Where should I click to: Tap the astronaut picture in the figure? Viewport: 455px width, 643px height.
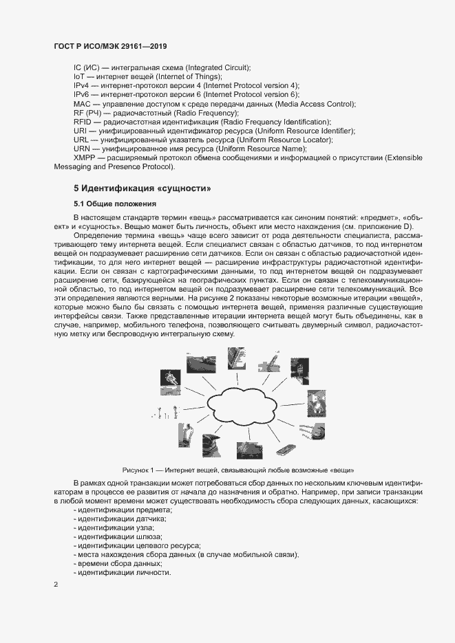[170, 378]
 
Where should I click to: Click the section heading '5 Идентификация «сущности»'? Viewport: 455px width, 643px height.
[142, 188]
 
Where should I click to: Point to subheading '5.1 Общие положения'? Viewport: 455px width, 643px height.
[115, 204]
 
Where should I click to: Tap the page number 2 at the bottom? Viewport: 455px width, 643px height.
[56, 584]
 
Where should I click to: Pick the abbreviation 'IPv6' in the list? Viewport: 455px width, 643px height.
[81, 94]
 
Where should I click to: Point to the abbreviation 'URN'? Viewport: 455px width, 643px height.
[81, 149]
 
